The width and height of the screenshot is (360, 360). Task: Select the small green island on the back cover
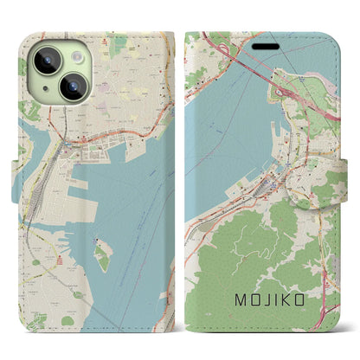pos(102,256)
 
